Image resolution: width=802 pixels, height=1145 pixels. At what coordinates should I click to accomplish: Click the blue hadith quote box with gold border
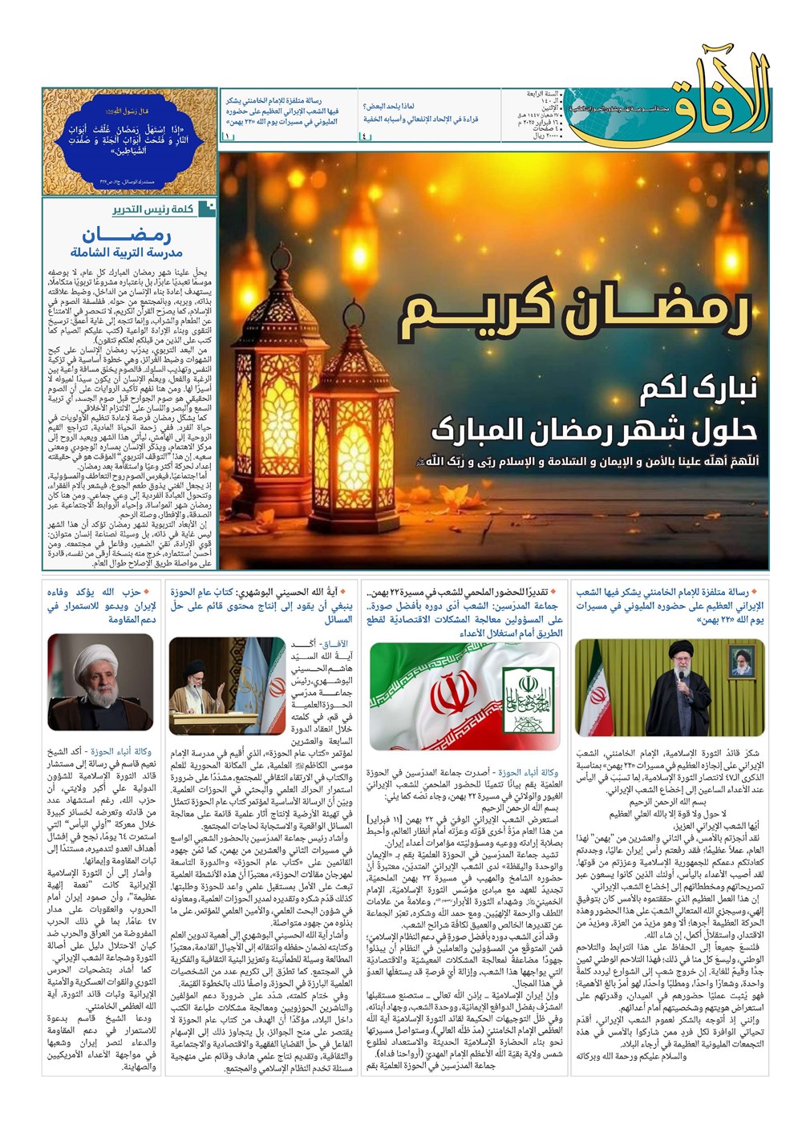point(130,140)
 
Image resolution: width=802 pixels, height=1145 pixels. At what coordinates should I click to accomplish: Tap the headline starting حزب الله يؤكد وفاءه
point(100,605)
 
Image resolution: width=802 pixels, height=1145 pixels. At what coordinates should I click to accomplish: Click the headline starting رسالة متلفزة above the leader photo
point(670,605)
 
